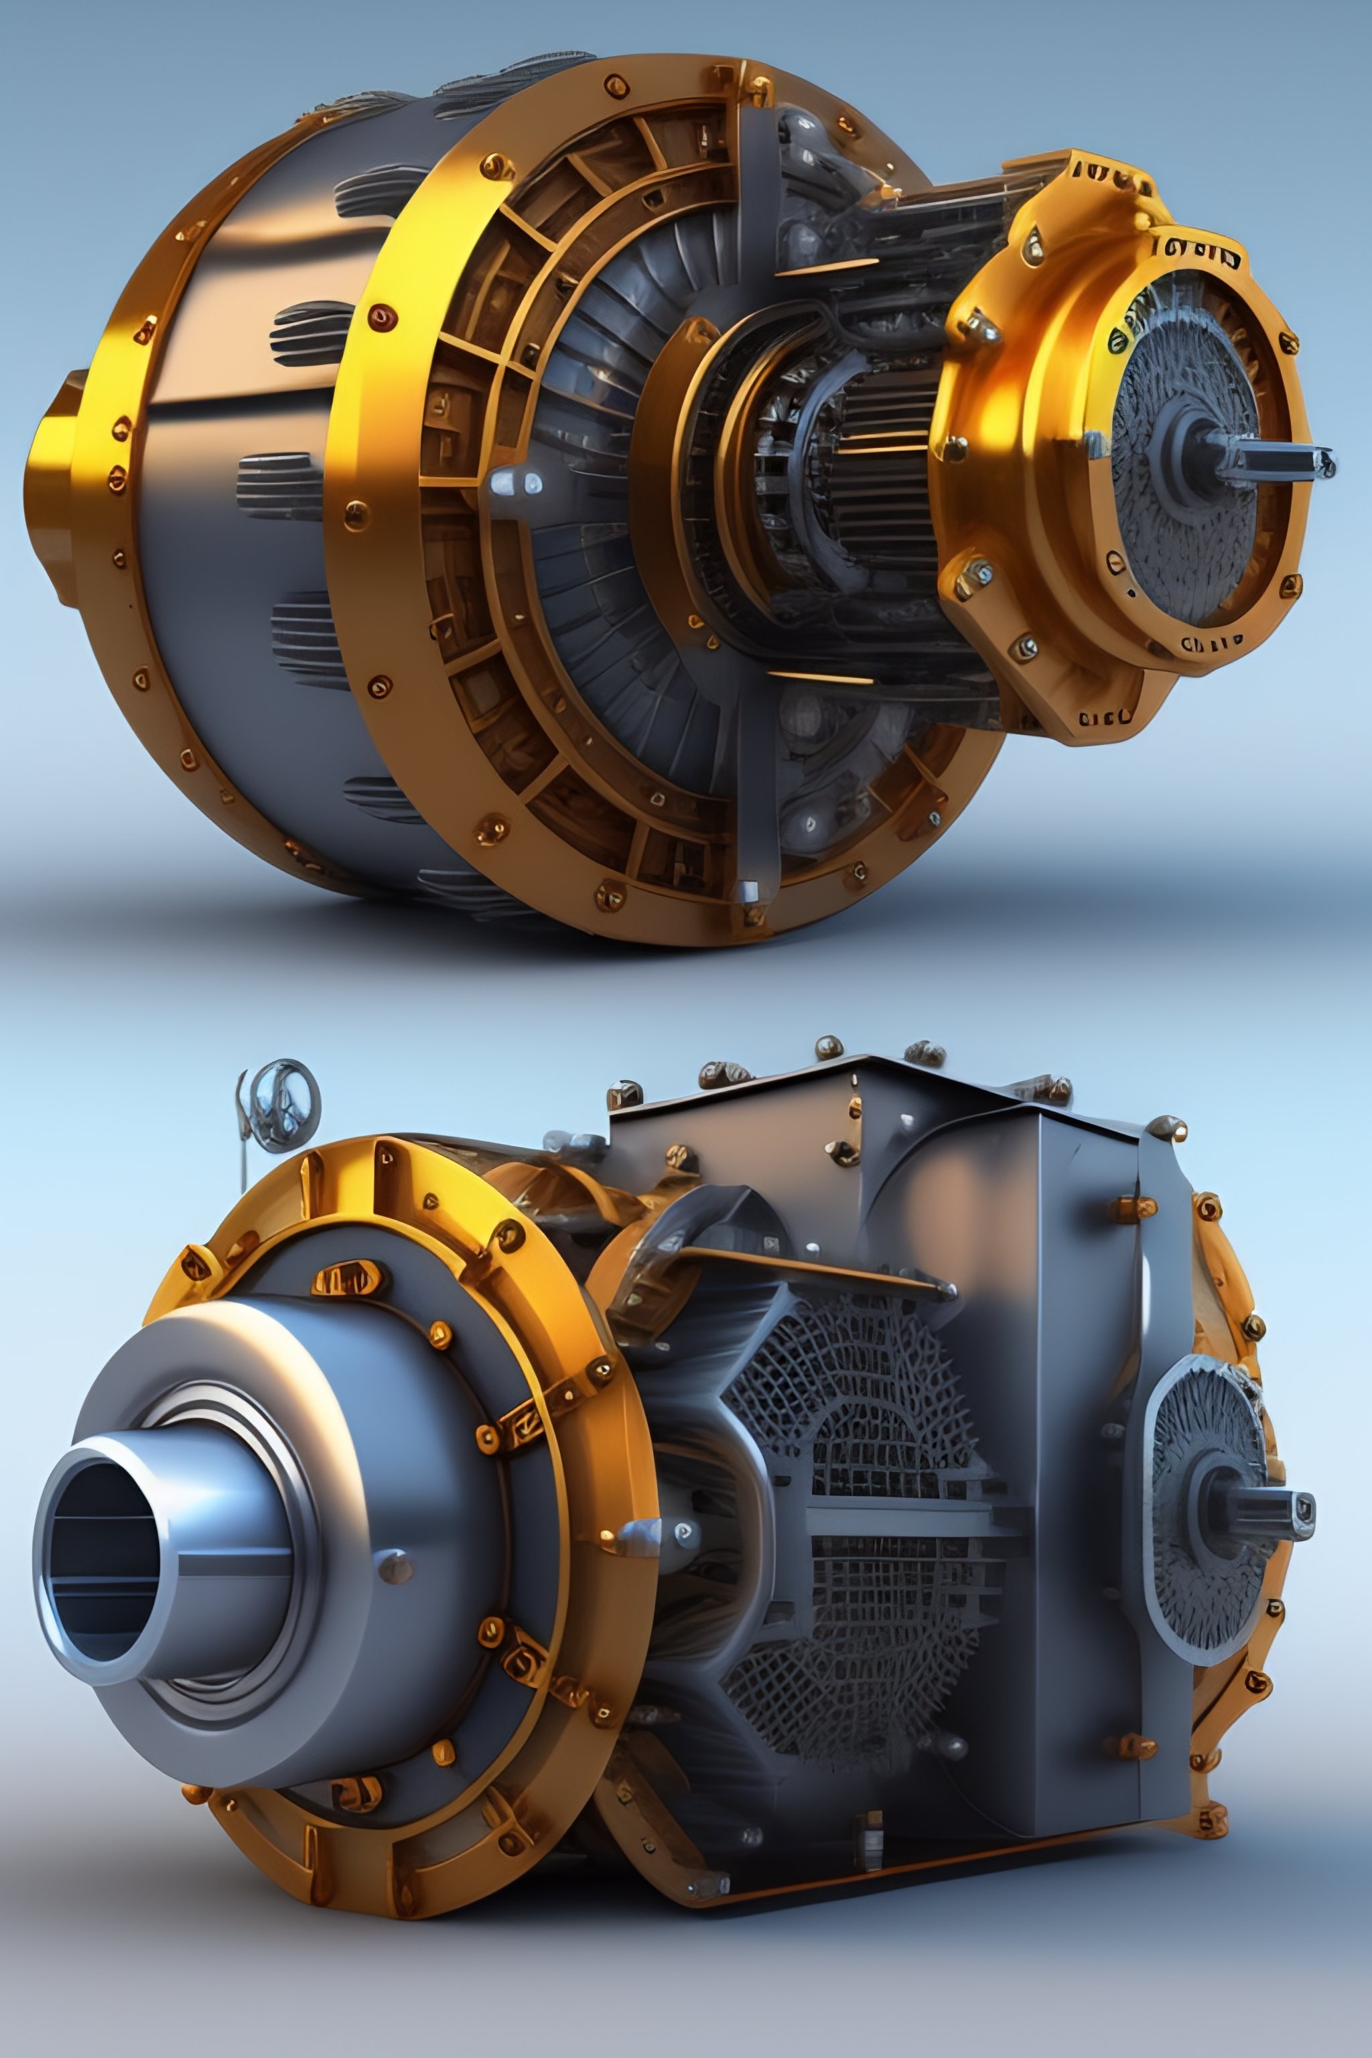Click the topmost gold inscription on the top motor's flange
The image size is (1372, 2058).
(1109, 175)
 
